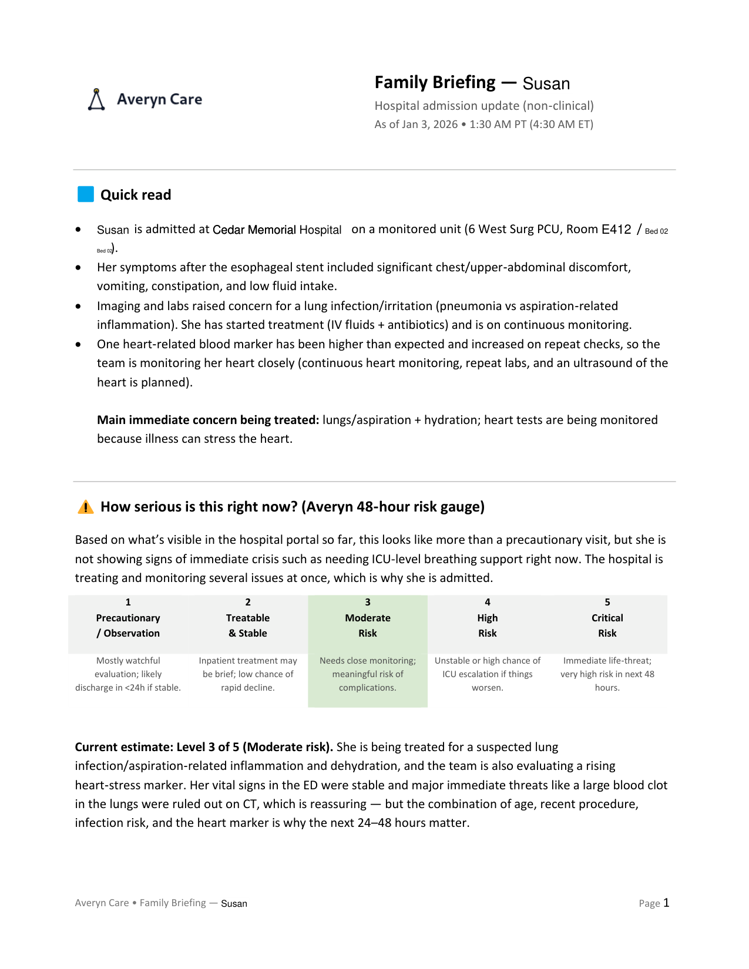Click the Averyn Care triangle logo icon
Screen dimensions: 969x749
pyautogui.click(x=96, y=100)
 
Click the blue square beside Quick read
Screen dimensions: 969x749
pyautogui.click(x=86, y=194)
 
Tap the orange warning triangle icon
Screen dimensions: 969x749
pyautogui.click(x=86, y=507)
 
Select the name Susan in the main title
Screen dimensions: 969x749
pyautogui.click(x=546, y=83)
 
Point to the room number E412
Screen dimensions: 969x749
pyautogui.click(x=616, y=230)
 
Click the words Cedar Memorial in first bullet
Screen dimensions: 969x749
pyautogui.click(x=254, y=230)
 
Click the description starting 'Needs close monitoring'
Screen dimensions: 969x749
pyautogui.click(x=368, y=674)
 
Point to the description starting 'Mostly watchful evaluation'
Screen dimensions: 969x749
pyautogui.click(x=128, y=674)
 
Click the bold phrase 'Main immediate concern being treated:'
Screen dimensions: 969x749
pyautogui.click(x=208, y=420)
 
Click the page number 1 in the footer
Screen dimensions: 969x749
pyautogui.click(x=666, y=903)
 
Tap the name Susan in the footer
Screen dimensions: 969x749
pyautogui.click(x=234, y=904)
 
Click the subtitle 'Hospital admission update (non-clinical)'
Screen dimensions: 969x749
pyautogui.click(x=484, y=106)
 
